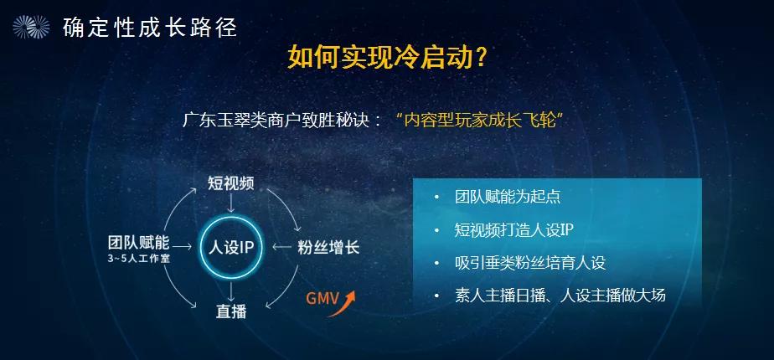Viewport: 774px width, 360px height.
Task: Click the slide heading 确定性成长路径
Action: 150,28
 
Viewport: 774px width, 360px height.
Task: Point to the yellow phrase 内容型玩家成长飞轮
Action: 481,118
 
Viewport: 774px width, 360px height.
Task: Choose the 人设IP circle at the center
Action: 231,248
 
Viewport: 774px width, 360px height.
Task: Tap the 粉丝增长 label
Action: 328,248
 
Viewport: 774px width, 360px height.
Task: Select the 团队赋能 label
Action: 138,243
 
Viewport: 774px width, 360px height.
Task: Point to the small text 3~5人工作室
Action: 138,260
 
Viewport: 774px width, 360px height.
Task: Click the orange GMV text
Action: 322,300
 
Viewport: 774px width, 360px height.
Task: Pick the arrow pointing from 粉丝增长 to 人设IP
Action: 282,248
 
